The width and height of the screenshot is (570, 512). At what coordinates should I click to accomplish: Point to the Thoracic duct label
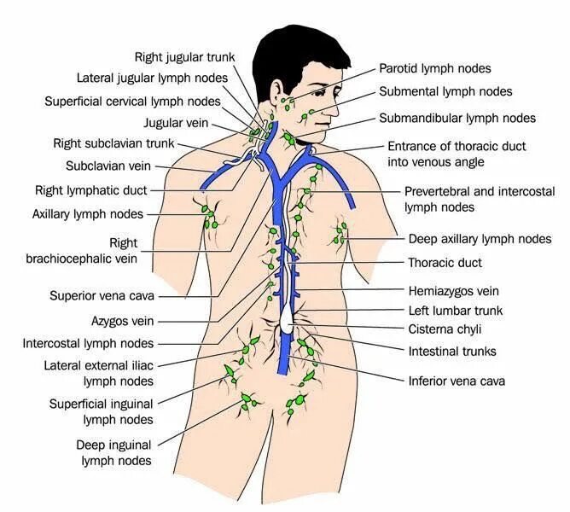(445, 263)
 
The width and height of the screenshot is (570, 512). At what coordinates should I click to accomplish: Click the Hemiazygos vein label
(452, 291)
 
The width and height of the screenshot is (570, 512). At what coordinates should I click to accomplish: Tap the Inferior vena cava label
(457, 381)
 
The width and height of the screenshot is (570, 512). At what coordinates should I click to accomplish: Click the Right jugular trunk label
(184, 57)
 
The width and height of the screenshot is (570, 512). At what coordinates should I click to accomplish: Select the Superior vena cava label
(101, 296)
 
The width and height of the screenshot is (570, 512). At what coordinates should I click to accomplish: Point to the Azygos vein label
(123, 322)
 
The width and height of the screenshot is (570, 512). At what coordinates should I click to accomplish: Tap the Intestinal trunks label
(452, 351)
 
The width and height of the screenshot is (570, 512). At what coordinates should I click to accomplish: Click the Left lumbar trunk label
(456, 311)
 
